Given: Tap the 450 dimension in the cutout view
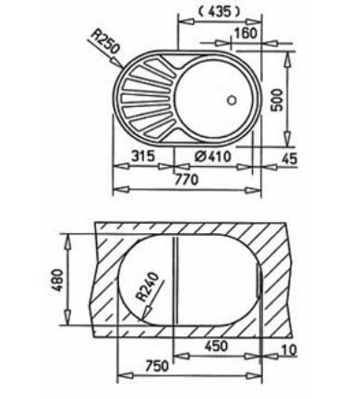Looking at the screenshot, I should (x=215, y=345).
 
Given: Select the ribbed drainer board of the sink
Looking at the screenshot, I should (x=149, y=99).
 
